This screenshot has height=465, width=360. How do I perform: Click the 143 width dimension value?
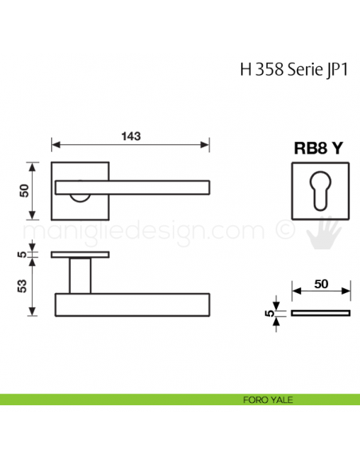coord(131,135)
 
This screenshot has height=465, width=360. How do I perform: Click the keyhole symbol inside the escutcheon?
coord(319,191)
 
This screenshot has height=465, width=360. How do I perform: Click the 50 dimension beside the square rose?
coord(25,190)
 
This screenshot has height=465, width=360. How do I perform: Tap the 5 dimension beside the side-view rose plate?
coord(25,255)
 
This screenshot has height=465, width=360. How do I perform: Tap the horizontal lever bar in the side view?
coord(132,305)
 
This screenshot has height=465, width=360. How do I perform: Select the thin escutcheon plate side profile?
coord(320,313)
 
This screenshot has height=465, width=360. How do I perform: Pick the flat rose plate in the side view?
coord(80,255)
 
